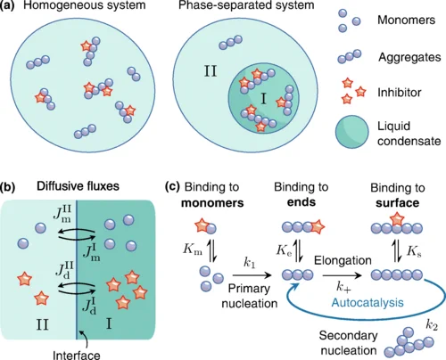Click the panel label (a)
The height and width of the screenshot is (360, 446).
click(x=7, y=5)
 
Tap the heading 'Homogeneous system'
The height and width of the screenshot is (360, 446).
click(x=85, y=5)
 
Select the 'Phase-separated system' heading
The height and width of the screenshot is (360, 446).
click(x=246, y=5)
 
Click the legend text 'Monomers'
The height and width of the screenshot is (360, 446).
click(x=406, y=20)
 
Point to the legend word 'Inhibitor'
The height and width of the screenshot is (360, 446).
click(x=400, y=93)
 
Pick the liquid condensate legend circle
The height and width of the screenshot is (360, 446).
click(x=352, y=132)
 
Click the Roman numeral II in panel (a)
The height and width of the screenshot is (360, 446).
click(x=211, y=71)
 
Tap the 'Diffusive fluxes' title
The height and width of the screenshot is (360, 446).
click(x=78, y=186)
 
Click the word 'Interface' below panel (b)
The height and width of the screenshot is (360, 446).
click(x=77, y=356)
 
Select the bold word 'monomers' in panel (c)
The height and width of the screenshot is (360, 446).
click(x=212, y=203)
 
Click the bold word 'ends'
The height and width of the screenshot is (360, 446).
click(x=301, y=202)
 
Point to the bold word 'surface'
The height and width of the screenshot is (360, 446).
click(x=398, y=203)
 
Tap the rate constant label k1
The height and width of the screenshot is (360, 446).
click(x=249, y=263)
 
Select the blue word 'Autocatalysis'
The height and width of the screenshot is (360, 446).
click(x=368, y=303)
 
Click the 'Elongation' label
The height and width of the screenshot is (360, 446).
click(x=343, y=260)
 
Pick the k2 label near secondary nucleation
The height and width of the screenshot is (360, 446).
click(x=432, y=325)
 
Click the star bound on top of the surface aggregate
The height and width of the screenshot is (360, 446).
click(x=397, y=219)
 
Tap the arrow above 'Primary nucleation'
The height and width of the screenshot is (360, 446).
click(x=252, y=275)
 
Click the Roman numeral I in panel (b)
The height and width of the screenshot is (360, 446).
click(x=109, y=324)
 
